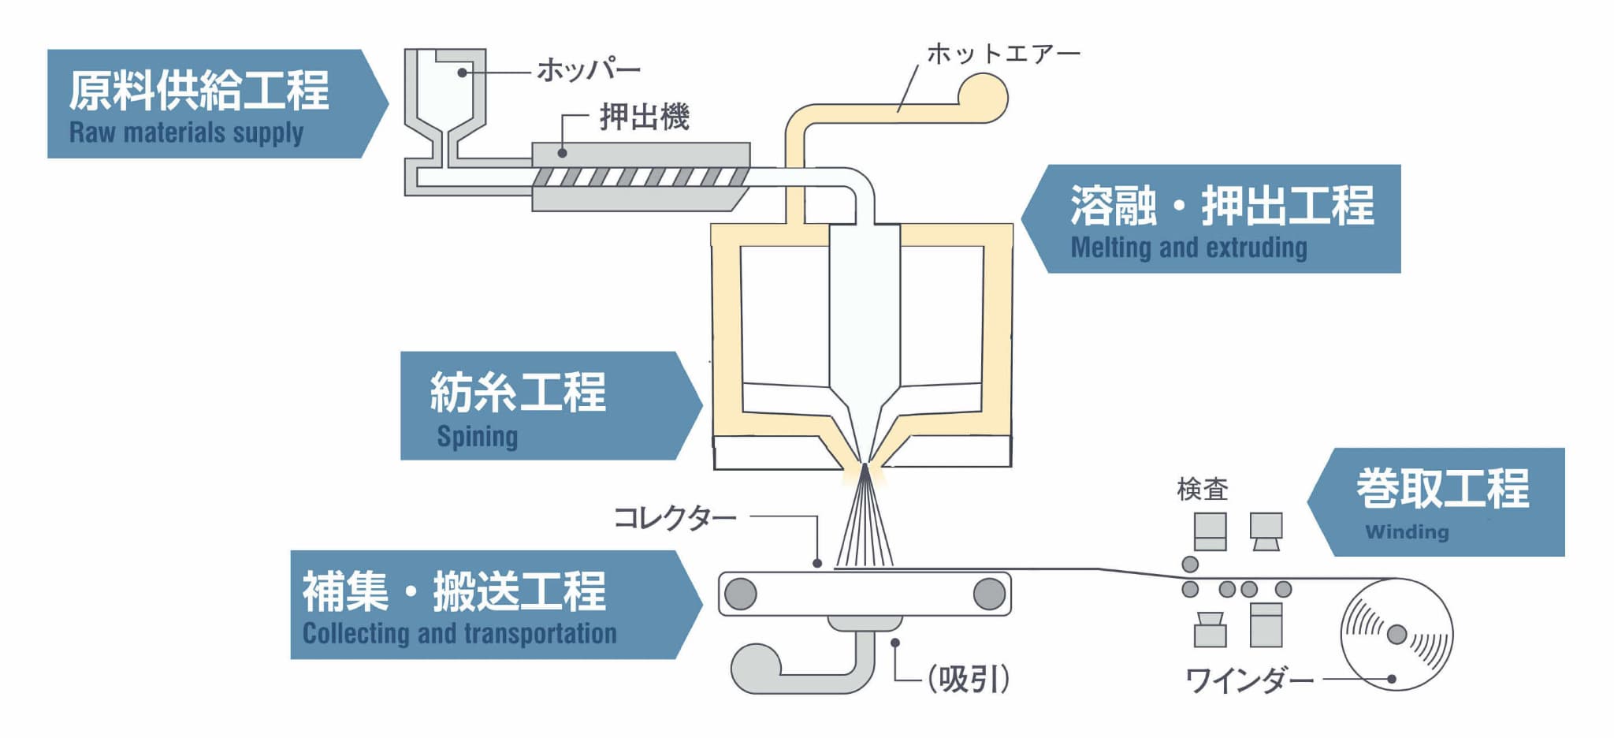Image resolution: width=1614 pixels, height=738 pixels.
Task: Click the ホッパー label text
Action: click(588, 71)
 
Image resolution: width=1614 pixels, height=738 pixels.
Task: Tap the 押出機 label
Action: click(644, 117)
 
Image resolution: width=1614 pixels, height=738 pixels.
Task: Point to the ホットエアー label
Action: click(1002, 54)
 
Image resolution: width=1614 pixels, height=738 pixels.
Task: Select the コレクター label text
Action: click(674, 518)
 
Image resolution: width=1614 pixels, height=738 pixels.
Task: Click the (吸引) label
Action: click(968, 678)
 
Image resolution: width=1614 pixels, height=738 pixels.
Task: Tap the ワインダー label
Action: click(1249, 680)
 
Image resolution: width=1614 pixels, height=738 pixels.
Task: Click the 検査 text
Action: click(1202, 490)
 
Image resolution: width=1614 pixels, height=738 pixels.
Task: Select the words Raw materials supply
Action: click(186, 132)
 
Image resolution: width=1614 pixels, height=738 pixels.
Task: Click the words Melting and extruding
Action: click(1188, 248)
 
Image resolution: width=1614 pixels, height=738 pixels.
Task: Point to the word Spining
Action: click(477, 436)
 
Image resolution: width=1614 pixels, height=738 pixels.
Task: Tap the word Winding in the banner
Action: click(1407, 532)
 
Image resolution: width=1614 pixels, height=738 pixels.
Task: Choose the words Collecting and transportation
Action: click(459, 633)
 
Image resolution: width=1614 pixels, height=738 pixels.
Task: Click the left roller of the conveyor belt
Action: click(741, 594)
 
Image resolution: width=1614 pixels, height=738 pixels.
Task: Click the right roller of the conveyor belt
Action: click(989, 594)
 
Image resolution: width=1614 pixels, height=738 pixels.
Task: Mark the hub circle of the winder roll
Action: click(1396, 634)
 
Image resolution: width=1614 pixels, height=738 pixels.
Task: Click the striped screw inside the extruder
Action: click(640, 177)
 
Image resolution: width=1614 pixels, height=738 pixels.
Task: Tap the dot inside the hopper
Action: click(462, 73)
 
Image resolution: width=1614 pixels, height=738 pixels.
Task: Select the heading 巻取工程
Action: click(1442, 488)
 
